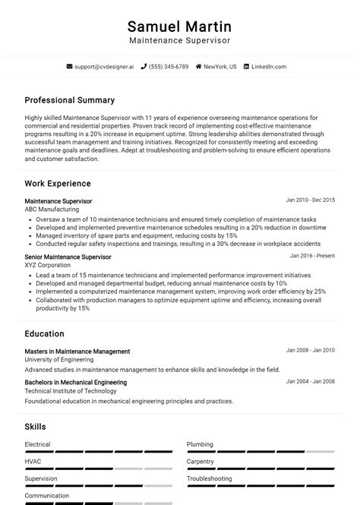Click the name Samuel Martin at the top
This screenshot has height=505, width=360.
[x=179, y=27]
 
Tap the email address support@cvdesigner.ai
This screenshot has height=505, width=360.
[x=105, y=67]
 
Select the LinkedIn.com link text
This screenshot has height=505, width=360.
[x=268, y=67]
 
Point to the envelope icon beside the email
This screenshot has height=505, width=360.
[x=70, y=67]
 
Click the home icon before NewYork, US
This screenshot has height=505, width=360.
[x=199, y=67]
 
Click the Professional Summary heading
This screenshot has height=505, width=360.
[x=69, y=100]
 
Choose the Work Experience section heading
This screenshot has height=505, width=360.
[x=58, y=184]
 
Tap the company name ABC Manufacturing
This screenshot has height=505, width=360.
[x=52, y=210]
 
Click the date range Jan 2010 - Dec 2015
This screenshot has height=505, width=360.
[x=310, y=200]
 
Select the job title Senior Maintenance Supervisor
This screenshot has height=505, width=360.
[x=68, y=257]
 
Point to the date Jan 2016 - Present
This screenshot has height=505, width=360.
[x=312, y=256]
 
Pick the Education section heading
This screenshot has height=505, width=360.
[x=44, y=334]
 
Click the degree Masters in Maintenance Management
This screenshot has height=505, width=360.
[x=77, y=352]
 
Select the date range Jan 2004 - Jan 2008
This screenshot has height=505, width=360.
[x=310, y=382]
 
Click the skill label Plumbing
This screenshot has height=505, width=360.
[x=200, y=445]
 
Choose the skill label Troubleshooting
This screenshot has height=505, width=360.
[x=210, y=479]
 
